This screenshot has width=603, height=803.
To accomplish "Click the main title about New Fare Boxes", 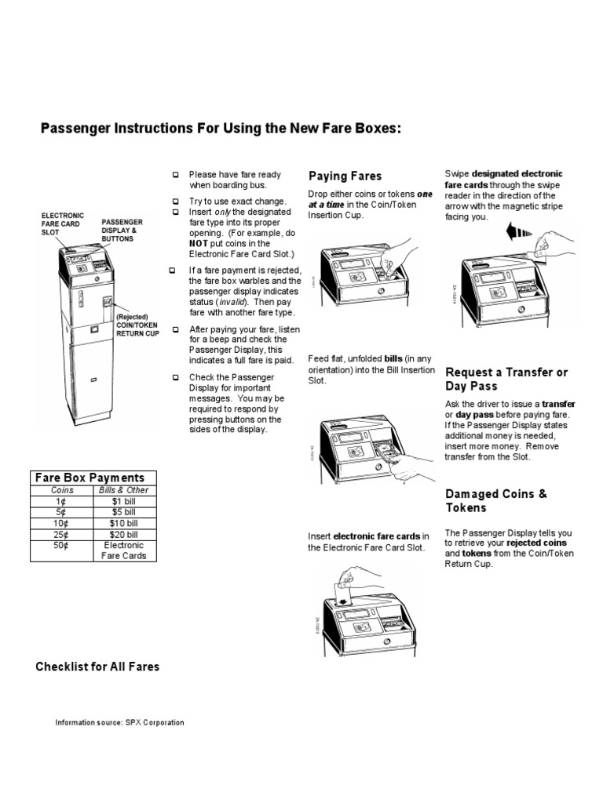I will click(x=221, y=128).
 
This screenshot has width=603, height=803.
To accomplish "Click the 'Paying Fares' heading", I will click(x=345, y=176).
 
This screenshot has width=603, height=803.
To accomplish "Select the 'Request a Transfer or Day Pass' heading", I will click(x=506, y=379).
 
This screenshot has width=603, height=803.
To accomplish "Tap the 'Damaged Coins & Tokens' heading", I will click(x=496, y=500).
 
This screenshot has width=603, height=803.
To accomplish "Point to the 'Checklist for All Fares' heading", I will click(x=97, y=667).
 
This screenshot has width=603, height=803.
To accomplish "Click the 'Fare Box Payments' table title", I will click(x=93, y=478).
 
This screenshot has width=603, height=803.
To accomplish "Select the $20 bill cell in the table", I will click(x=124, y=534).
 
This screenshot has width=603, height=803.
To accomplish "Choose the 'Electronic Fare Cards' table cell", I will click(x=124, y=550).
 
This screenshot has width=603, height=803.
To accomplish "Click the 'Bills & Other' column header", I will click(x=124, y=490).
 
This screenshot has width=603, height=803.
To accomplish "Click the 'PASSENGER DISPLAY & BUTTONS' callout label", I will click(x=122, y=231).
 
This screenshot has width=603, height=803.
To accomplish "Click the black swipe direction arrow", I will click(x=521, y=232).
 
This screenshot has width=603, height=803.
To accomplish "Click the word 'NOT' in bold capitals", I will click(x=197, y=244).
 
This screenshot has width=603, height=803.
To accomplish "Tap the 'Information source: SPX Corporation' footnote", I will click(x=119, y=722).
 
